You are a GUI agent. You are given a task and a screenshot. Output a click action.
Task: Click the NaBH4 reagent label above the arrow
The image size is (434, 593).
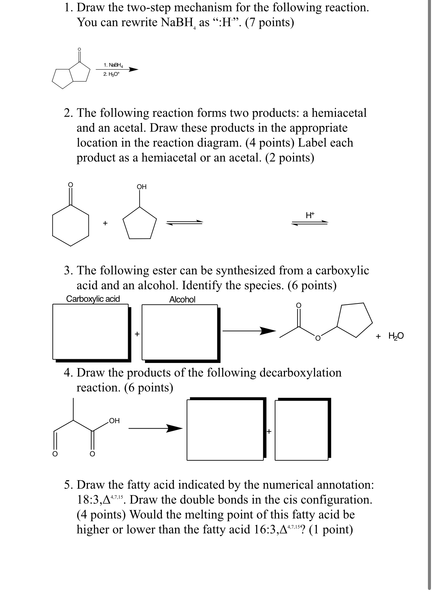113,65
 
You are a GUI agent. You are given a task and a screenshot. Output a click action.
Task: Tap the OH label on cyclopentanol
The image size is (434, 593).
142,187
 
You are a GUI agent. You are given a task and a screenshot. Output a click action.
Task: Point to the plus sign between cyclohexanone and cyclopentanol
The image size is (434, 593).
105,223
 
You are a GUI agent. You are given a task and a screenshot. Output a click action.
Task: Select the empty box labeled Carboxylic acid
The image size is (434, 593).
90,332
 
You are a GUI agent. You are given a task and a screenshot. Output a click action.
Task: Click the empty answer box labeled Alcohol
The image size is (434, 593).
179,332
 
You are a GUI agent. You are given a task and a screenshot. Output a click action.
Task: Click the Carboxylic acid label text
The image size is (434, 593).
93,299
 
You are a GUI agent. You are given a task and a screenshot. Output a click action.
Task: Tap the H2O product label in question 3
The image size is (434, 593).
395,336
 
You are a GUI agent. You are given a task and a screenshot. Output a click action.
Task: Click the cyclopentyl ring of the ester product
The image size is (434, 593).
355,320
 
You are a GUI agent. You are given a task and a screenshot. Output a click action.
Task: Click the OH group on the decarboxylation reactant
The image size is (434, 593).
114,421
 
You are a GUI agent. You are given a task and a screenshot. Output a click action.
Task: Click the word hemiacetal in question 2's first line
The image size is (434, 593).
339,113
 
